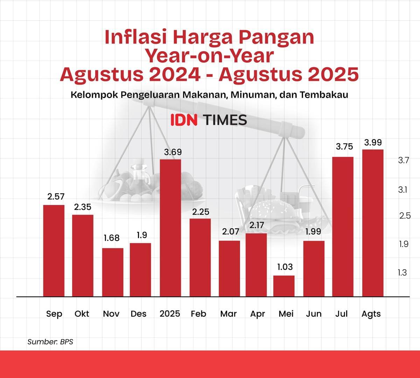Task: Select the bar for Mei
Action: tap(284, 286)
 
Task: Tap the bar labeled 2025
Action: tap(170, 228)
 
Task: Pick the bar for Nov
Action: tap(113, 272)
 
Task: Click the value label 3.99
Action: tap(373, 143)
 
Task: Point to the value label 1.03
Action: tap(285, 267)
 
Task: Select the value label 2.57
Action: tap(56, 197)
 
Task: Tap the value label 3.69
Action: tap(173, 152)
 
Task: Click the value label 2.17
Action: tap(257, 225)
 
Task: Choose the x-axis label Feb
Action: tap(198, 314)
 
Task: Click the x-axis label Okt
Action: tap(82, 314)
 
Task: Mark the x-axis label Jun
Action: tap(314, 314)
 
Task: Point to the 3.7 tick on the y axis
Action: tap(403, 160)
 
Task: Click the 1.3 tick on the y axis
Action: tap(402, 273)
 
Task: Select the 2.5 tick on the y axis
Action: tap(405, 216)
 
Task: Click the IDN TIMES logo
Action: tap(209, 120)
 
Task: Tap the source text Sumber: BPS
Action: tap(50, 342)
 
